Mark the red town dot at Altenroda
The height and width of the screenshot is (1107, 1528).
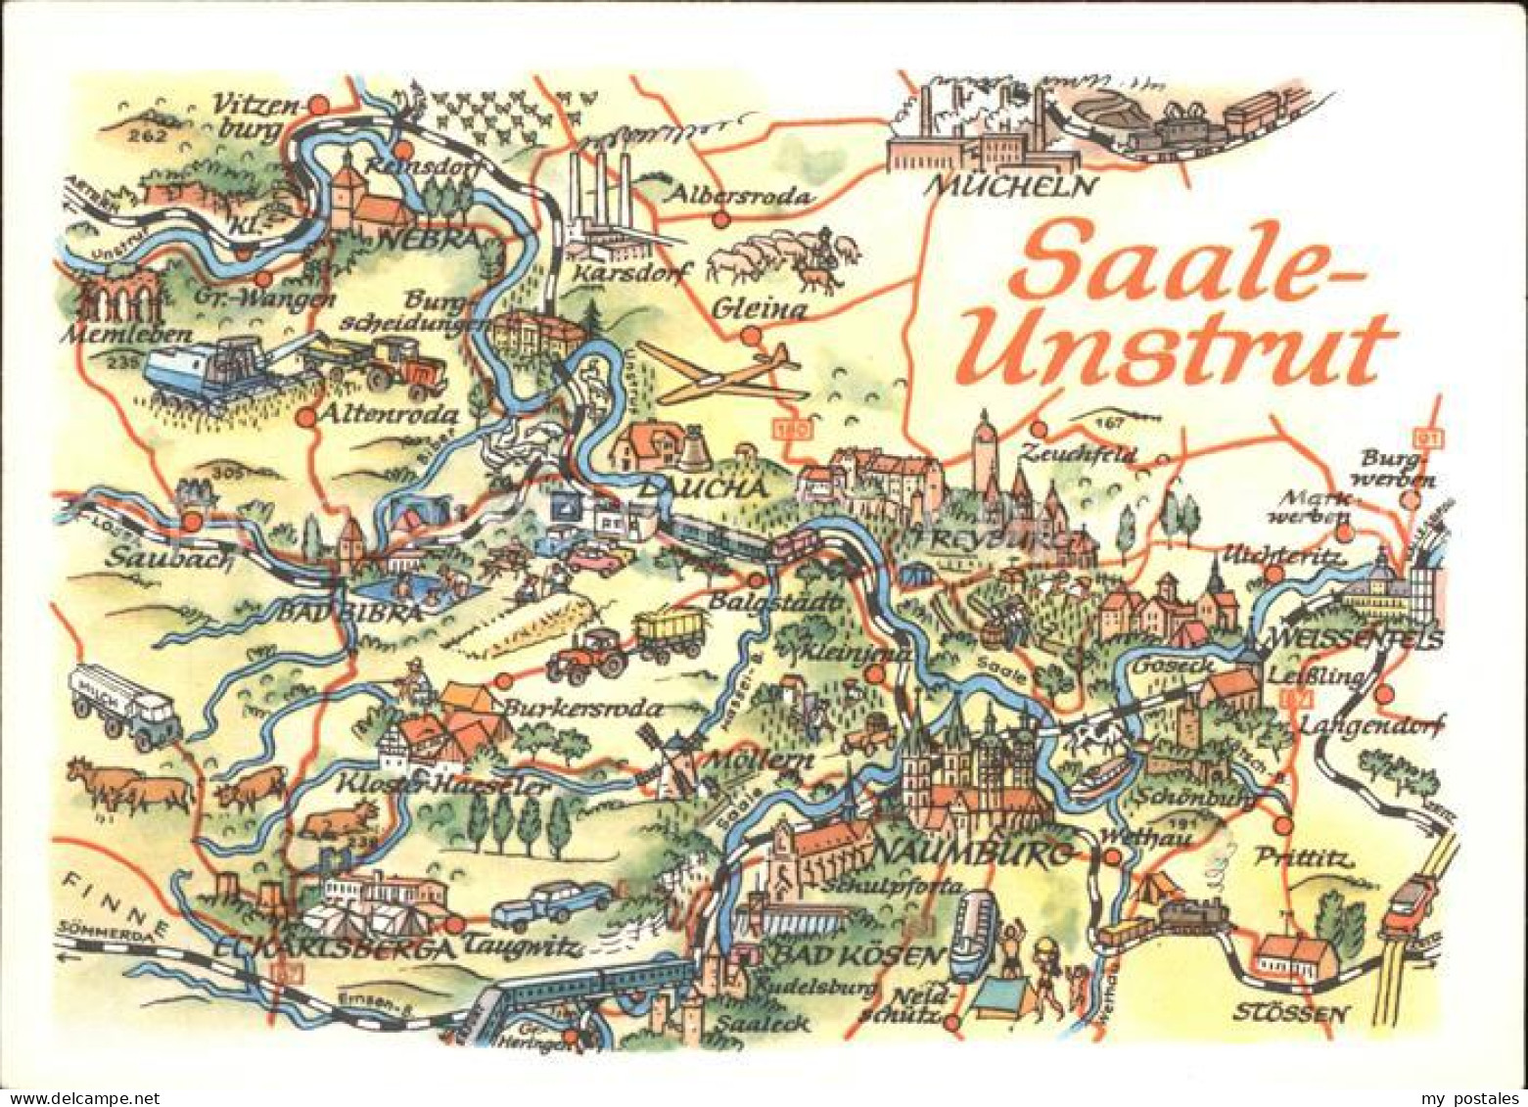pyautogui.click(x=306, y=417)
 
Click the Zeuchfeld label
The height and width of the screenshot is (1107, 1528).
pyautogui.click(x=1077, y=453)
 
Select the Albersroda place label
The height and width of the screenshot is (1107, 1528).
pyautogui.click(x=739, y=196)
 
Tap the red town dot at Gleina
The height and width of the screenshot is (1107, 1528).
pyautogui.click(x=751, y=337)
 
